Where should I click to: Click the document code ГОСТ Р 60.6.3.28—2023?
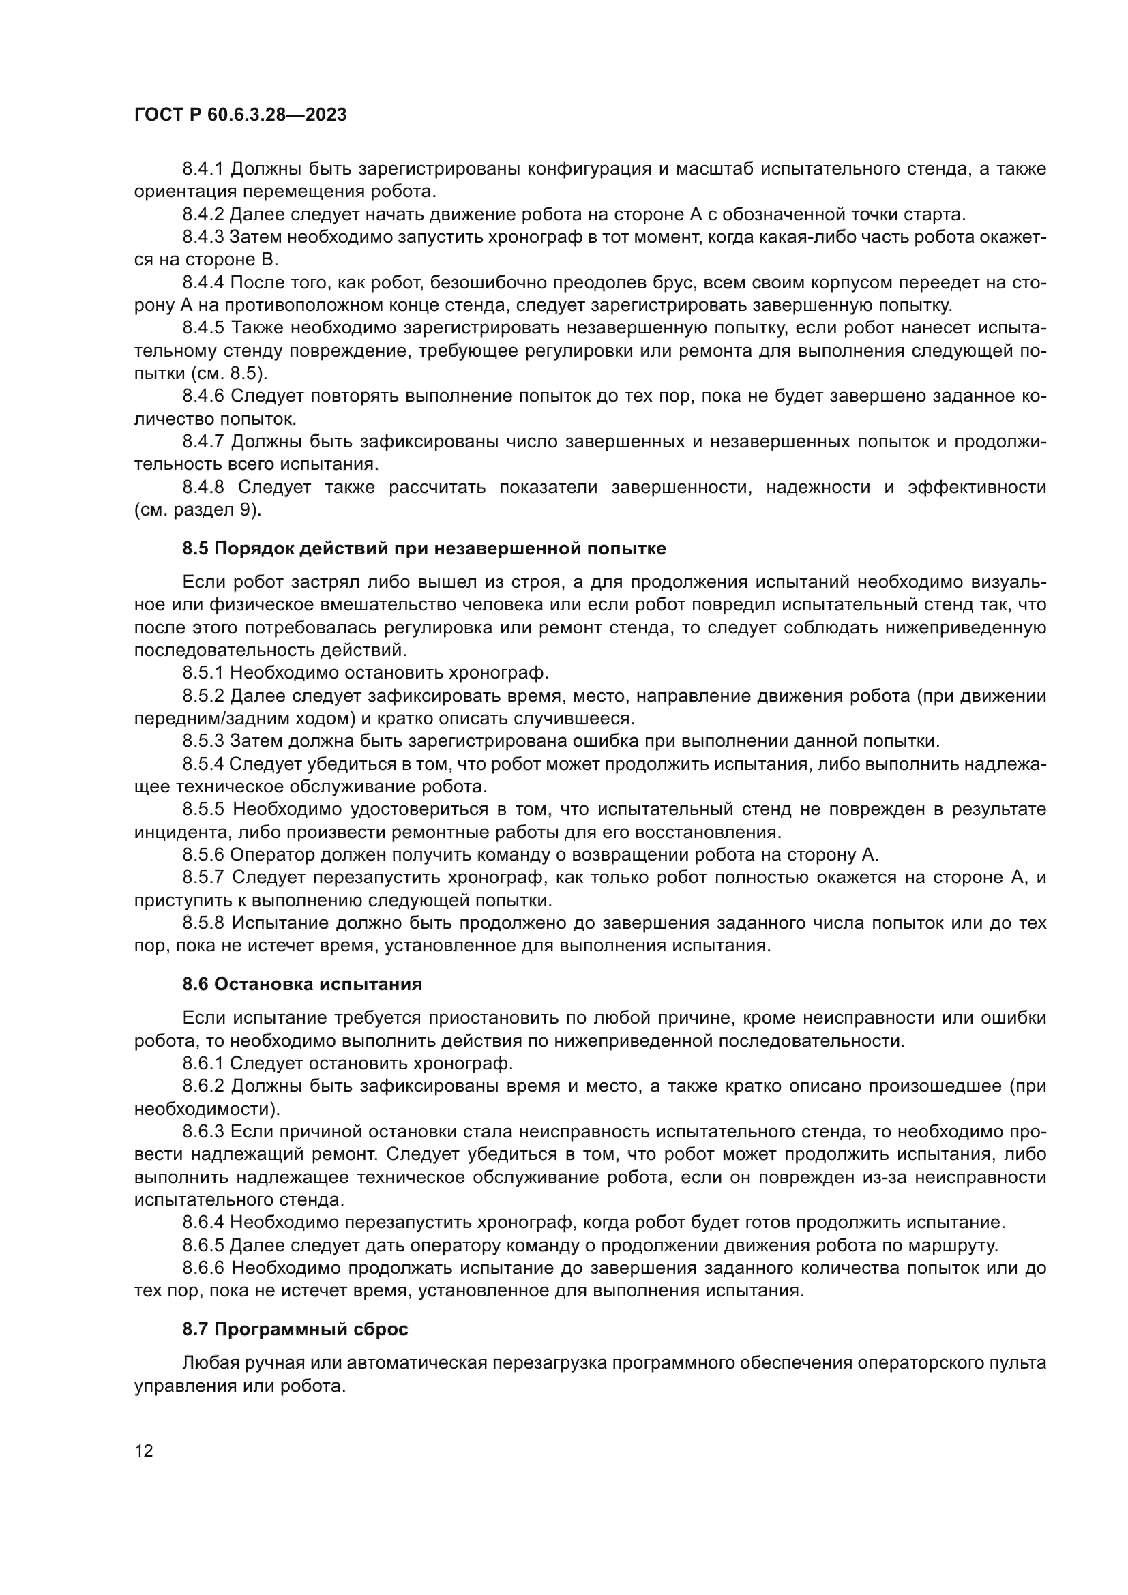240,115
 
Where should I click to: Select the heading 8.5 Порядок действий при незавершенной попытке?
424,549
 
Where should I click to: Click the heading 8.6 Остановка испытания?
302,985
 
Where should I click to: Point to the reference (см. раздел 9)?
198,511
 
